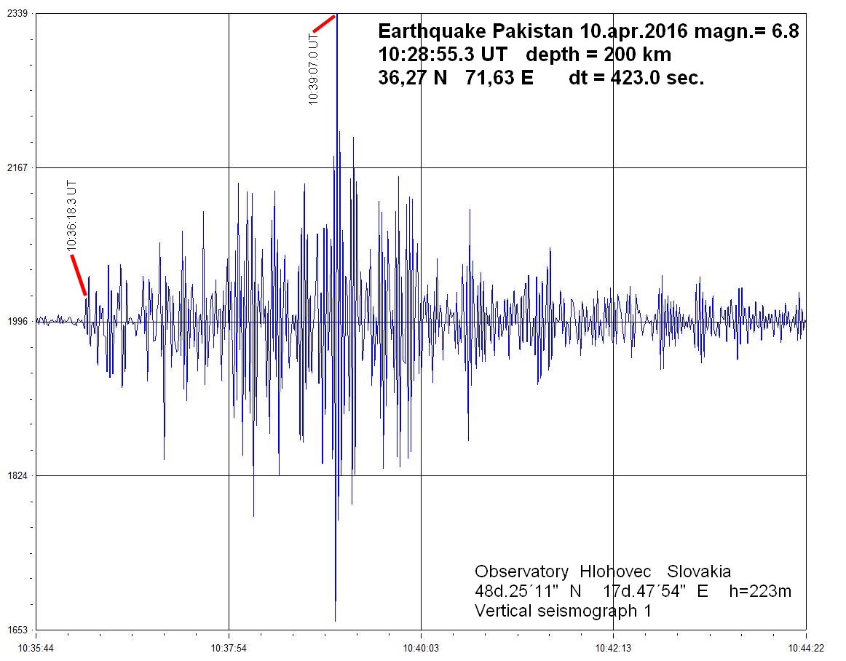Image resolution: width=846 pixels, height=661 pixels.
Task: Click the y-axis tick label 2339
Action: pyautogui.click(x=17, y=14)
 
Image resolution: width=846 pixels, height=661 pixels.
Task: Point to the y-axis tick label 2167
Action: pyautogui.click(x=17, y=167)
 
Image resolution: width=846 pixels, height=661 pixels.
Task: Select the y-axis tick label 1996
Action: pyautogui.click(x=17, y=321)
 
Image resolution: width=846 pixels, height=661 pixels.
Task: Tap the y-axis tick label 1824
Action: pyautogui.click(x=17, y=475)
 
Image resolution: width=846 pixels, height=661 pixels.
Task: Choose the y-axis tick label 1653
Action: pyautogui.click(x=17, y=629)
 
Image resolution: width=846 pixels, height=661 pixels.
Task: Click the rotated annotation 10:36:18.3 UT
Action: pyautogui.click(x=71, y=215)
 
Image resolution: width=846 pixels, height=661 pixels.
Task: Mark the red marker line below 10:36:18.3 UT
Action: pyautogui.click(x=79, y=275)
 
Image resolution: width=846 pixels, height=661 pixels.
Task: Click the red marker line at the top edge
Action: pyautogui.click(x=324, y=23)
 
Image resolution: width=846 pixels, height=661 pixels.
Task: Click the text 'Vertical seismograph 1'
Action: pyautogui.click(x=563, y=611)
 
